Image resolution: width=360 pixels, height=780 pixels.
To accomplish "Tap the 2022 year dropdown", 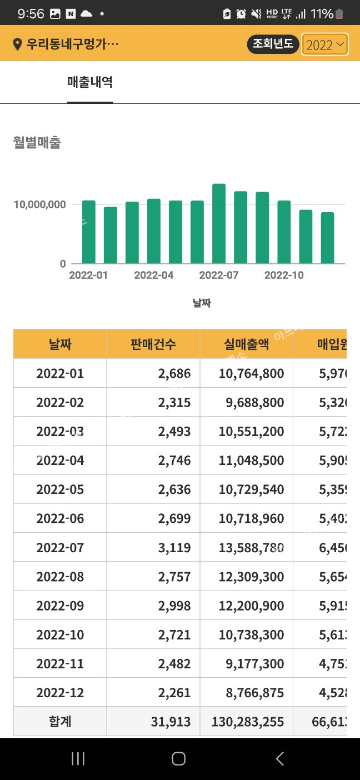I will click(x=325, y=45).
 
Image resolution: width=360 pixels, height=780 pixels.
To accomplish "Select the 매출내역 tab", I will click(x=90, y=83).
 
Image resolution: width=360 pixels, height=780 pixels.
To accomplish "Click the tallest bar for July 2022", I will click(x=219, y=224).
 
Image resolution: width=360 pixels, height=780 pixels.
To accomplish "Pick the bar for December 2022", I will click(x=327, y=238).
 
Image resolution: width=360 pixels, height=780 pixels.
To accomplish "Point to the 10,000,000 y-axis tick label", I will click(x=39, y=204).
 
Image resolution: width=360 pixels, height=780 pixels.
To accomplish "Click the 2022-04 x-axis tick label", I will click(x=154, y=276).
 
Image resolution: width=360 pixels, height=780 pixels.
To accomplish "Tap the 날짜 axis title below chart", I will click(x=202, y=303).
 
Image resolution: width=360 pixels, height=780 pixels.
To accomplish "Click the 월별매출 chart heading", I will click(x=37, y=143).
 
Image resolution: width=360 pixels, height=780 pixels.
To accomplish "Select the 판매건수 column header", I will click(x=153, y=344).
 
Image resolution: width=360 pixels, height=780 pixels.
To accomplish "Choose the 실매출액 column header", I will click(x=246, y=344).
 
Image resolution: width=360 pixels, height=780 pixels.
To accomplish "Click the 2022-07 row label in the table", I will click(x=60, y=548).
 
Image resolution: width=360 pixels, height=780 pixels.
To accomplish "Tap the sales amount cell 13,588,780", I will click(x=247, y=548).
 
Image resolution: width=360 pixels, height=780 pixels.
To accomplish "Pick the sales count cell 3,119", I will click(x=174, y=548).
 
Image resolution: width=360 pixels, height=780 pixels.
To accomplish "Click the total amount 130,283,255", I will click(x=248, y=722).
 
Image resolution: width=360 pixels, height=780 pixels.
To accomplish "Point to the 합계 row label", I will click(x=60, y=722).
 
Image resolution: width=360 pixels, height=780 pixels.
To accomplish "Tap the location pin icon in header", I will click(x=17, y=45).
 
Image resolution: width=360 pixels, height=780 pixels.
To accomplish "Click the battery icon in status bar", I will click(x=339, y=14).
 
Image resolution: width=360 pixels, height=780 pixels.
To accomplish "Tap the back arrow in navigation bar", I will click(x=280, y=759).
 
